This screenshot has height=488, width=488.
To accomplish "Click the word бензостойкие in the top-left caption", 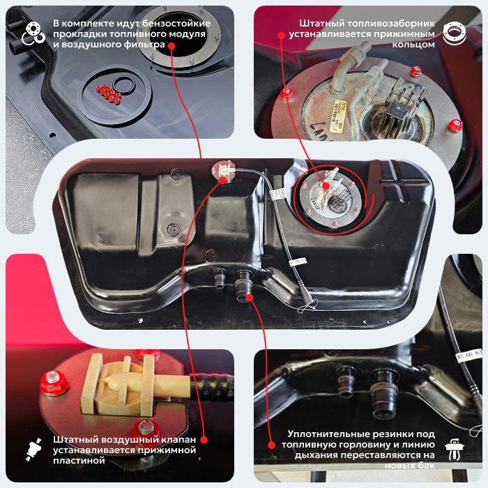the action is [x=176, y=24].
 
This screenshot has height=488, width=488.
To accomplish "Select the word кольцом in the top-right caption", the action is [x=413, y=45].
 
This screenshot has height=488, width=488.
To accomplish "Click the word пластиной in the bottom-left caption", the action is [x=79, y=461].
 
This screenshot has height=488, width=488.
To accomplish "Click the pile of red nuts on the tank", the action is [x=109, y=93].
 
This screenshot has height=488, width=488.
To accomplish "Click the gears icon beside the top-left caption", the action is [x=33, y=33].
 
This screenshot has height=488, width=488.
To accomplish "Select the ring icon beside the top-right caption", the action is [x=455, y=33].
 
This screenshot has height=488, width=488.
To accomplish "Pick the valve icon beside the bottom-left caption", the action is [x=33, y=450].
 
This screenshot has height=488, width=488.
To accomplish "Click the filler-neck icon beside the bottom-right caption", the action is [x=455, y=450].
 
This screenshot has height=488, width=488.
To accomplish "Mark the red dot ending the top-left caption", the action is [x=171, y=46].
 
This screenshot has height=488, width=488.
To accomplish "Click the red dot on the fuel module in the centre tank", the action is [x=326, y=186].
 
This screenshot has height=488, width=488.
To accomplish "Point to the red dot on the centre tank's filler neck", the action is [x=250, y=298].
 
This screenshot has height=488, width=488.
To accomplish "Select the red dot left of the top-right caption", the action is [x=282, y=36].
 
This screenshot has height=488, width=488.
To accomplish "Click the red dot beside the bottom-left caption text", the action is [x=204, y=440].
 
